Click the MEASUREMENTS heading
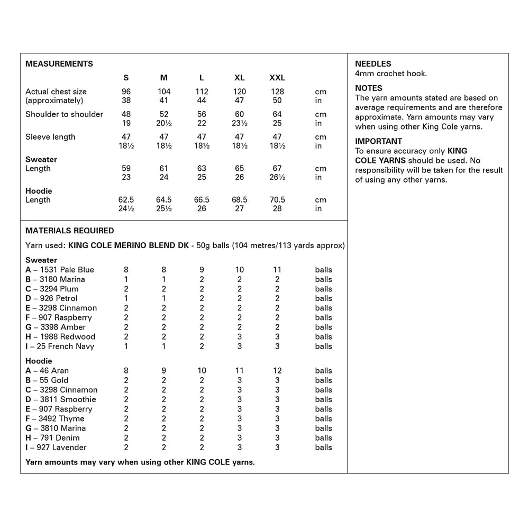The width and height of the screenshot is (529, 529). point(59,63)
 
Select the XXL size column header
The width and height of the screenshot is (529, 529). point(277,78)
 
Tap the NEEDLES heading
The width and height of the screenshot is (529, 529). point(373,63)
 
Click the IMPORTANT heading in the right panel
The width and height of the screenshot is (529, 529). point(378,141)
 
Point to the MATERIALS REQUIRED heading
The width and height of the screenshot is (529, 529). point(69,231)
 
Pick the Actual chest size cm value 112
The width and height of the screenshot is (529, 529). point(202,92)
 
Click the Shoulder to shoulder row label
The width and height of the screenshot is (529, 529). point(64,114)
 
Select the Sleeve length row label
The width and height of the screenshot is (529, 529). point(50,137)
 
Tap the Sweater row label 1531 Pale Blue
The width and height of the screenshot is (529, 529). point(60,270)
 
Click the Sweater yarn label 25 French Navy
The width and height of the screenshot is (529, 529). point(60,346)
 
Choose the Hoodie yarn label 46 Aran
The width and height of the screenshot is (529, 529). point(47,371)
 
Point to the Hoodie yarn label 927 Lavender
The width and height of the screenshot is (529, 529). point(56,448)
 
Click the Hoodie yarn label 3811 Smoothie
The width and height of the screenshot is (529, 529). point(61,399)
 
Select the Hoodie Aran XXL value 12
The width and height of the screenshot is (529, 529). point(277,371)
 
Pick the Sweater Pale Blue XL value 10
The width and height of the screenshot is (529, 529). point(239,270)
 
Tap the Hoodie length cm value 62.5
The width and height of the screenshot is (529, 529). point(126,200)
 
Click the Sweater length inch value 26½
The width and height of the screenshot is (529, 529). point(277,177)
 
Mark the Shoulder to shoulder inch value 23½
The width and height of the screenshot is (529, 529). point(239,123)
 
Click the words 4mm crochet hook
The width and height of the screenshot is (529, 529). point(390,74)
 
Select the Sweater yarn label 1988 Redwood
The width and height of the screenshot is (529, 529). point(60,337)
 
